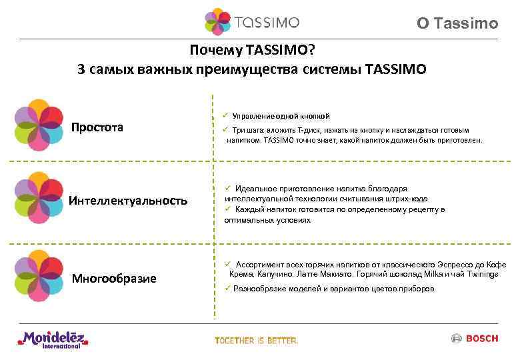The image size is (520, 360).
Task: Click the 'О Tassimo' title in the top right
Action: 457,24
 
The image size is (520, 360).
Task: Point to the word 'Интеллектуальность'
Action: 128,201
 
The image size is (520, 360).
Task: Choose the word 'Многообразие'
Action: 114,278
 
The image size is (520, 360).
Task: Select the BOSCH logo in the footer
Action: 475,339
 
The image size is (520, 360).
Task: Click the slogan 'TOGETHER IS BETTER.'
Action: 256,341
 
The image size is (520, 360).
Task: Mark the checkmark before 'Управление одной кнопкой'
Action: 227,115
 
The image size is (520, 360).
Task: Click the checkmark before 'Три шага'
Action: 227,129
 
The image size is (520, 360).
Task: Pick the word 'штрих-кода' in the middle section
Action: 405,199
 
